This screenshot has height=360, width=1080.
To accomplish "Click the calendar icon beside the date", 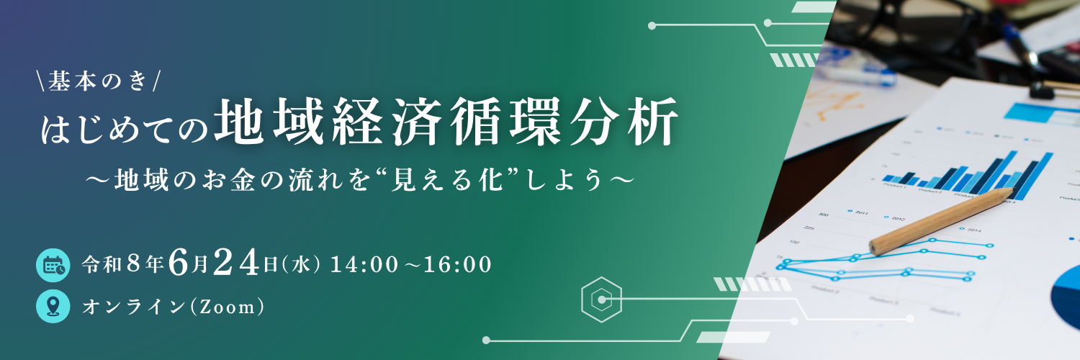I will coord(53,265).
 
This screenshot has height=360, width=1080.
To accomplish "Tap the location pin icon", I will coord(53,307).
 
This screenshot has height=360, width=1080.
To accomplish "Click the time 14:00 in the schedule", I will coord(363,265).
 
